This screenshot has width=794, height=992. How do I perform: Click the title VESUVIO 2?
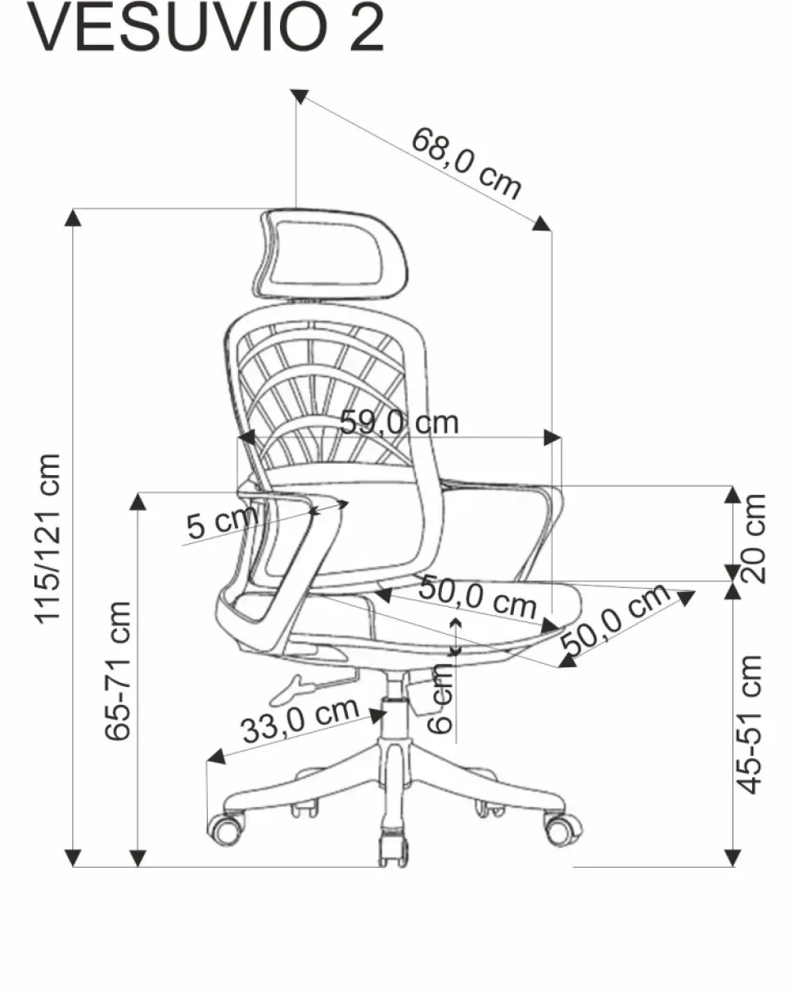(205, 27)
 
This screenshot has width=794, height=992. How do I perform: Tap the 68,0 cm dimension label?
(466, 163)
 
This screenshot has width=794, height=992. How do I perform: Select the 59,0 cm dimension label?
(399, 422)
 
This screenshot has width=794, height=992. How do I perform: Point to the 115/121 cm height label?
(48, 539)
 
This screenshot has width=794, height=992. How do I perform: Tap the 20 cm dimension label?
(752, 538)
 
